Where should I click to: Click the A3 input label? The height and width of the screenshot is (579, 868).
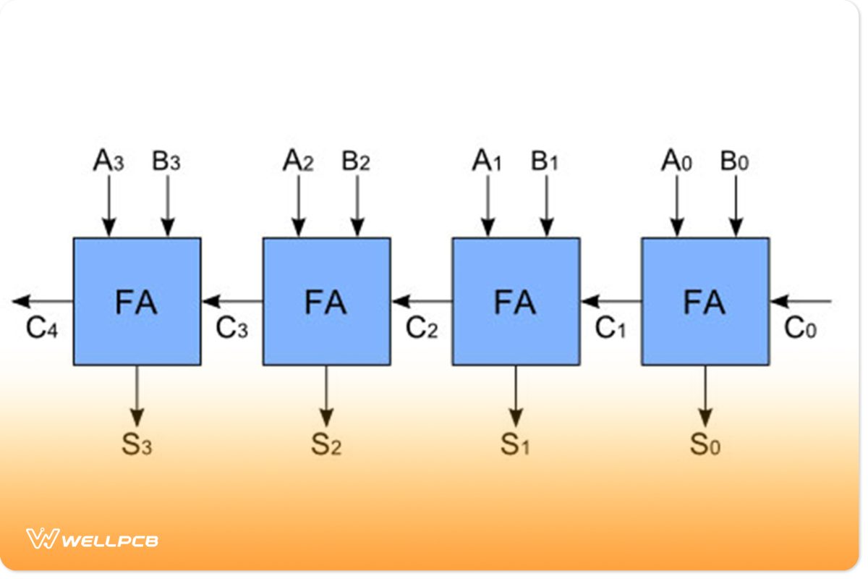[x=109, y=161]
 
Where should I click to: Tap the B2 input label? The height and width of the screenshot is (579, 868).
[x=356, y=161]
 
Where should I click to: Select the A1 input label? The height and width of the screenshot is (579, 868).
[x=487, y=161]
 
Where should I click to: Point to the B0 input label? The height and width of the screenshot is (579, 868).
[x=735, y=161]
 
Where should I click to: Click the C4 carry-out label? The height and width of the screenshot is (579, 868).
[x=42, y=329]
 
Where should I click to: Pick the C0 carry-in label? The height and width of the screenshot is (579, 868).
[x=800, y=329]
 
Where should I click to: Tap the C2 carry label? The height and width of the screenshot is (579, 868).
[x=422, y=329]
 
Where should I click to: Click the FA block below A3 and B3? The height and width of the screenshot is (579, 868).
[x=137, y=301]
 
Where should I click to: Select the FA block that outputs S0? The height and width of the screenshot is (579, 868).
[x=705, y=301]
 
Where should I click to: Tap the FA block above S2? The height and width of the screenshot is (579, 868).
[x=326, y=301]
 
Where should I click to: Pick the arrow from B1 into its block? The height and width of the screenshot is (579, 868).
[x=547, y=206]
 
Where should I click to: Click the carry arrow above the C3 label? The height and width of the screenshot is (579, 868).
[x=231, y=301]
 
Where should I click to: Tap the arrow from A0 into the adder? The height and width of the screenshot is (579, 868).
[x=677, y=206]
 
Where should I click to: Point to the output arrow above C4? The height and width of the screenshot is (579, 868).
[x=42, y=301]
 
